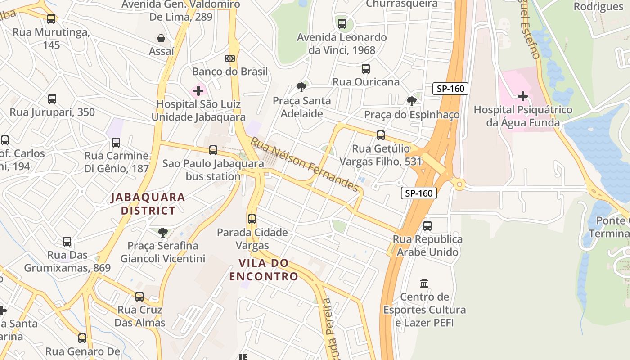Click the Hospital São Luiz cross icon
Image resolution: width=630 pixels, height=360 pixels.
pyautogui.click(x=198, y=91)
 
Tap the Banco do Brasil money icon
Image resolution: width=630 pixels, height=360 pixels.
pyautogui.click(x=230, y=58)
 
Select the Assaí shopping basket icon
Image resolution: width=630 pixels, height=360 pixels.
pyautogui.click(x=161, y=38)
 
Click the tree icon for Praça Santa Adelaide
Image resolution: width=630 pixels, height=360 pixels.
pyautogui.click(x=301, y=87)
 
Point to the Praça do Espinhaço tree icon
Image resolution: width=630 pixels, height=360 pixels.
pyautogui.click(x=411, y=101)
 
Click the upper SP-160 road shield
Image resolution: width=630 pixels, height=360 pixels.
pyautogui.click(x=450, y=89)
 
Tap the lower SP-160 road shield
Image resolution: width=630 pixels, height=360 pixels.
pyautogui.click(x=419, y=193)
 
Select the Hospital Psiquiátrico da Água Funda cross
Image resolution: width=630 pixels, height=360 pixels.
pyautogui.click(x=523, y=96)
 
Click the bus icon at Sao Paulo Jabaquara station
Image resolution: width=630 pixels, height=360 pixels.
pyautogui.click(x=213, y=150)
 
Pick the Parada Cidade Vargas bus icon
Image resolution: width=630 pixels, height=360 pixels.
pyautogui.click(x=252, y=219)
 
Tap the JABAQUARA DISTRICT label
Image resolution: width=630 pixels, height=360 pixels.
pyautogui.click(x=148, y=204)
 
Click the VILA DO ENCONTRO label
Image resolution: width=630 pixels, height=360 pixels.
pyautogui.click(x=264, y=270)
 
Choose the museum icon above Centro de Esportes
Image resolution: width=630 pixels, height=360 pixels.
pyautogui.click(x=424, y=283)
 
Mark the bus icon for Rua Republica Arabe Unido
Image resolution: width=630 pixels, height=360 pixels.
pyautogui.click(x=427, y=226)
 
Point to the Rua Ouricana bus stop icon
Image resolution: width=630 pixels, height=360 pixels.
pyautogui.click(x=366, y=69)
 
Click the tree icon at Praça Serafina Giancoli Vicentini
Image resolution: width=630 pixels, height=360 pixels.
pyautogui.click(x=163, y=233)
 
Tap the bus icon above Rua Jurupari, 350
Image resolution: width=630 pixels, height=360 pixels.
pyautogui.click(x=52, y=99)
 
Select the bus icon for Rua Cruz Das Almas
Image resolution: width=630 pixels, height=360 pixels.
pyautogui.click(x=139, y=297)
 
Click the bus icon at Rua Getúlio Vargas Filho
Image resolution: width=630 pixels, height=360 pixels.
pyautogui.click(x=381, y=135)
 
